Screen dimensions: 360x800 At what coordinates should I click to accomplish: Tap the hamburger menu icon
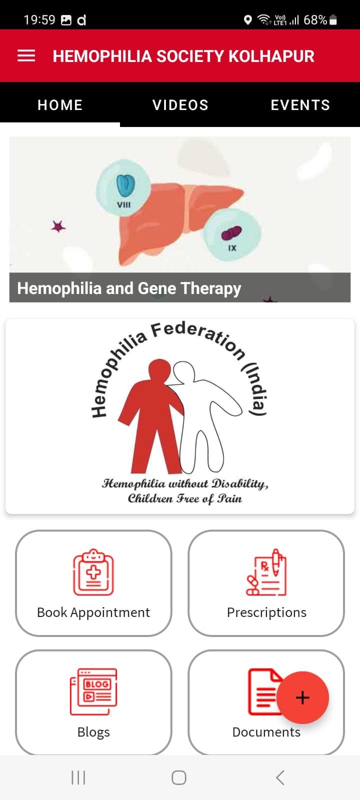[26, 55]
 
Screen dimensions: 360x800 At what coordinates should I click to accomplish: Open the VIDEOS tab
[180, 105]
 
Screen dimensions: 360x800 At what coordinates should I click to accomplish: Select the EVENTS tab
[300, 105]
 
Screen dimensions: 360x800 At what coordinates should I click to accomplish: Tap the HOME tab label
[60, 105]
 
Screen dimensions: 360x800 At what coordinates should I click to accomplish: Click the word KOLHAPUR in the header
[271, 56]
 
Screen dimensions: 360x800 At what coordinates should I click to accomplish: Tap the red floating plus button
[302, 697]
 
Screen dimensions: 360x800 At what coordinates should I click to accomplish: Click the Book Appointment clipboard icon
[93, 572]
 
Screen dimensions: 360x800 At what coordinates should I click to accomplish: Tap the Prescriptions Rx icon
[266, 572]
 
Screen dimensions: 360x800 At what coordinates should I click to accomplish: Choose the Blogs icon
[93, 692]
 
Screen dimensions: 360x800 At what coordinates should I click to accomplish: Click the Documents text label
[266, 732]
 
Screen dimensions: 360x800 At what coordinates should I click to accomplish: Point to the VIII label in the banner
[124, 204]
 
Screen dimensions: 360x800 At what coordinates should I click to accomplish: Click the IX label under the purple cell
[232, 248]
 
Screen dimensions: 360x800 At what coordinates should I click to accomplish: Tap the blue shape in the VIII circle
[125, 185]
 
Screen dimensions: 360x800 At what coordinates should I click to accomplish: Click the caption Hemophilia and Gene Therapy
[129, 288]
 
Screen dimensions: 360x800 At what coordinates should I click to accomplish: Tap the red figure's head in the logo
[159, 370]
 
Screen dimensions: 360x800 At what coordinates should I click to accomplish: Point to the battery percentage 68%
[315, 20]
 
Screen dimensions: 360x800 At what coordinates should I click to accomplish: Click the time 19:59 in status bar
[39, 20]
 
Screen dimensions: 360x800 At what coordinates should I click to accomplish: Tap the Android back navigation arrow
[280, 777]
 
